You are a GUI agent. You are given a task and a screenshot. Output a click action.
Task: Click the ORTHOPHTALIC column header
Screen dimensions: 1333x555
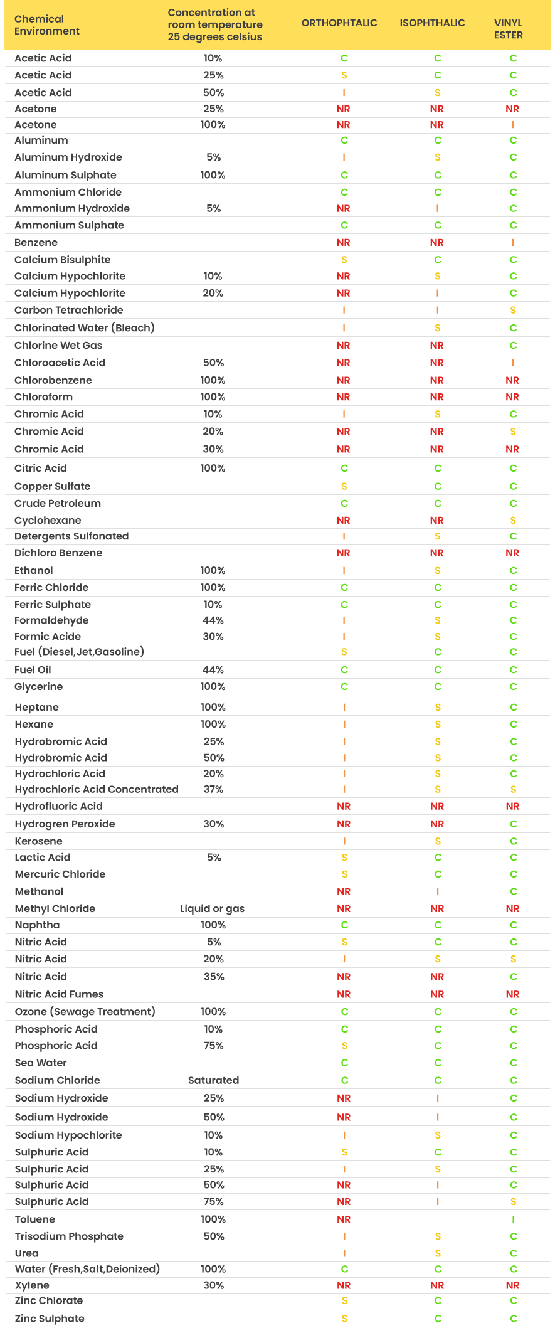pos(339,23)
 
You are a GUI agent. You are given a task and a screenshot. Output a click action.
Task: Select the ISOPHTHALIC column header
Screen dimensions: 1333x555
pos(432,23)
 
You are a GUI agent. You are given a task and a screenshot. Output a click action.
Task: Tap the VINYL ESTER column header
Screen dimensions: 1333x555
pos(508,29)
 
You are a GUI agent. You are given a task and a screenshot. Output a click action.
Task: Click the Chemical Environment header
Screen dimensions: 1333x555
pos(47,25)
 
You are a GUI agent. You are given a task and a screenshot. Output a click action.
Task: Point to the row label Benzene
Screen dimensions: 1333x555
pos(36,242)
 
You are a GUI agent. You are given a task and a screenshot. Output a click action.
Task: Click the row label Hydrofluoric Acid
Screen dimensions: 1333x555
pos(58,806)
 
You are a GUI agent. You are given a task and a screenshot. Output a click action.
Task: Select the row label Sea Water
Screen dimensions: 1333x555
pos(41,1063)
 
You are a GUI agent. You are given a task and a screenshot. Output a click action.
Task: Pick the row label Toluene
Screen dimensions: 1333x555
pos(35,1219)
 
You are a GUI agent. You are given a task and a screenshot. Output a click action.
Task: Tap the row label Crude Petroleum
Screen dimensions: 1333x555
pos(58,503)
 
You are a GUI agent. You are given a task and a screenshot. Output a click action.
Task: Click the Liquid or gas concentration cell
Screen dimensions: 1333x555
pos(212,908)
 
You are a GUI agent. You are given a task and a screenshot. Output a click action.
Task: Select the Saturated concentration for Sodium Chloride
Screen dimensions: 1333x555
pos(213,1080)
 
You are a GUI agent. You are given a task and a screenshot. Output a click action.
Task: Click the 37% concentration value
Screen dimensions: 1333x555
pos(213,789)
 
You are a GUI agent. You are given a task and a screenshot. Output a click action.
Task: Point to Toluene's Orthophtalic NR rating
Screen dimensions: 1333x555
pos(344,1219)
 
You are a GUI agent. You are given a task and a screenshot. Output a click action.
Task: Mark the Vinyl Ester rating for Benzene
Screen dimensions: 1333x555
pos(513,242)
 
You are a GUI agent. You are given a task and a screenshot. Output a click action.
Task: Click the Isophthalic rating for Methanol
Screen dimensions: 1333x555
pos(437,891)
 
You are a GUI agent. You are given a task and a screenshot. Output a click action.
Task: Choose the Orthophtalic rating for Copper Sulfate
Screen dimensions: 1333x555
pos(344,486)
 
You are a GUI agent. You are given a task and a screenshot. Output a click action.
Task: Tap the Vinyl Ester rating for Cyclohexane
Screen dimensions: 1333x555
pos(513,520)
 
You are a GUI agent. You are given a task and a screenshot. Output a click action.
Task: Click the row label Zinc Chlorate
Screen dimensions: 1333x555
pos(49,1300)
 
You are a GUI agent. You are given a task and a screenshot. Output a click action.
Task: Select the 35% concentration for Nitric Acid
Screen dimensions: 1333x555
pos(213,977)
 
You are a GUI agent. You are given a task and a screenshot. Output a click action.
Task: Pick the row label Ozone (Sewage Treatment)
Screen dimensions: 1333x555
pos(85,1011)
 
